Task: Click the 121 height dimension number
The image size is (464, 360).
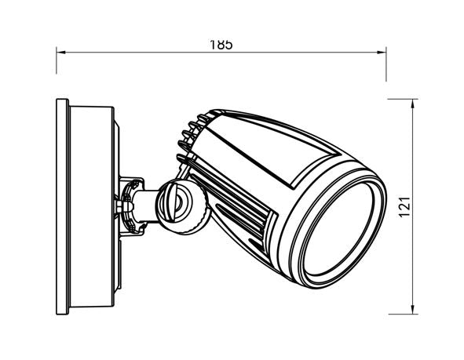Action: click(x=404, y=207)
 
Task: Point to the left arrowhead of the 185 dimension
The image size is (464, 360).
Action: click(x=60, y=53)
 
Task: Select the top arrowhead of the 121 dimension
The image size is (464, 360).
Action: click(x=414, y=104)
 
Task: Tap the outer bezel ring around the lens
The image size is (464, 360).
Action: click(x=298, y=267)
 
